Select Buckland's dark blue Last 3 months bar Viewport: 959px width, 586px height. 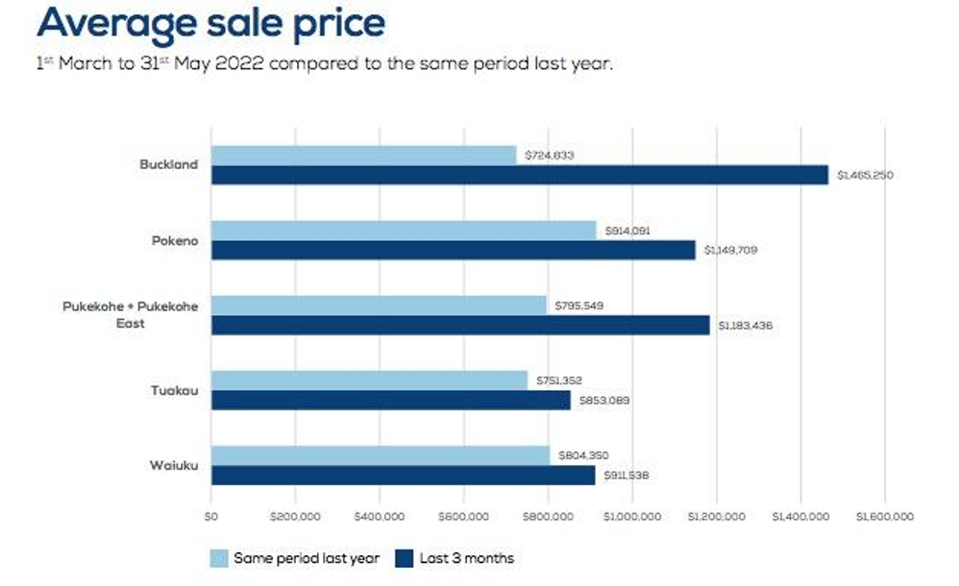[x=519, y=175]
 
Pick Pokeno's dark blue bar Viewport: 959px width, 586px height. [x=453, y=250]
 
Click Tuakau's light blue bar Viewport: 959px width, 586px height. [x=369, y=380]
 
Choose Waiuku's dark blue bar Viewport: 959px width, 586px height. [x=403, y=476]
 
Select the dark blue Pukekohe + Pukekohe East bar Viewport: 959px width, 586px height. [x=460, y=326]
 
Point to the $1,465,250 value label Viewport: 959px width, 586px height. [x=865, y=175]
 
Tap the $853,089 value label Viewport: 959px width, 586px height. [x=603, y=400]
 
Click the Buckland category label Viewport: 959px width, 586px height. [x=168, y=164]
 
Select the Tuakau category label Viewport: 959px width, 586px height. [x=175, y=390]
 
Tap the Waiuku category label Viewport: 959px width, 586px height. [x=175, y=465]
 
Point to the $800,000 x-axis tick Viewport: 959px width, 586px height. [x=549, y=516]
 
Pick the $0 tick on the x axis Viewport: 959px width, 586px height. [x=211, y=516]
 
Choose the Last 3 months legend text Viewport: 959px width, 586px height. [x=467, y=558]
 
